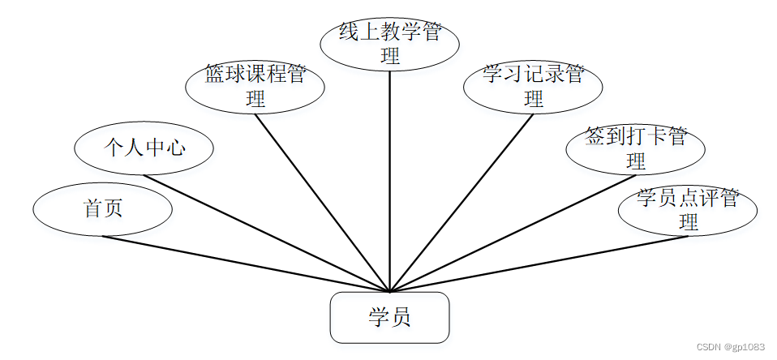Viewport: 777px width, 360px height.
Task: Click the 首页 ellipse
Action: (103, 209)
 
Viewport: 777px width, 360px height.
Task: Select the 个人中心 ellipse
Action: (144, 148)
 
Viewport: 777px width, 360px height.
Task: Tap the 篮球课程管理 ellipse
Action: (255, 87)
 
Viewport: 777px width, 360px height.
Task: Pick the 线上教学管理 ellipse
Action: (390, 44)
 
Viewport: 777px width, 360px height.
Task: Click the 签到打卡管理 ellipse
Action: (636, 148)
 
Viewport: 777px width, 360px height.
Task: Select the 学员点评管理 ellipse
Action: (688, 209)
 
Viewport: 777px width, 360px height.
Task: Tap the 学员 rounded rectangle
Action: (389, 317)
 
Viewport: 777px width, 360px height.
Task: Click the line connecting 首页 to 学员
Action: (243, 264)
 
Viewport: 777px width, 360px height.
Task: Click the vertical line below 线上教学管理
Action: (390, 178)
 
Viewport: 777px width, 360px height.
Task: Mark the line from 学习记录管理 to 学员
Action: (462, 203)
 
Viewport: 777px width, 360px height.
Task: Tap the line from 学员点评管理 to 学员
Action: (539, 264)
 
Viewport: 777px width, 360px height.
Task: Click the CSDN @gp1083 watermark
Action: (731, 347)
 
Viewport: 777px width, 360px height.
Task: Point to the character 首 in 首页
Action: (93, 209)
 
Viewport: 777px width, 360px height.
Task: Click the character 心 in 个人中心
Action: (176, 148)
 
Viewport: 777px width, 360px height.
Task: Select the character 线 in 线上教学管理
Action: (348, 33)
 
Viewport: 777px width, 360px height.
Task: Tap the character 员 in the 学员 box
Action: (401, 317)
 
